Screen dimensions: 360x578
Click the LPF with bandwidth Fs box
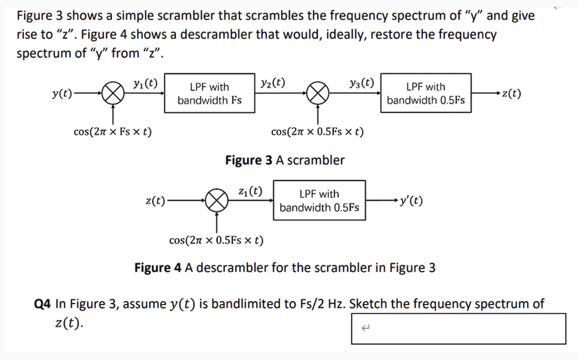pyautogui.click(x=210, y=93)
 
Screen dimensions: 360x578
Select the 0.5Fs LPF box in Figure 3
pyautogui.click(x=426, y=93)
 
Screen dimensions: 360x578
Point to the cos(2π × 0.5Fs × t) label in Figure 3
pyautogui.click(x=317, y=132)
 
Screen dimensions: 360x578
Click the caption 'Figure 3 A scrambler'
pyautogui.click(x=284, y=160)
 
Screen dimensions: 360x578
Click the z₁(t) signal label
pyautogui.click(x=250, y=190)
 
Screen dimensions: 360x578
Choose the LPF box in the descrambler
pyautogui.click(x=319, y=200)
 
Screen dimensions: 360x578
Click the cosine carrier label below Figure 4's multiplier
pyautogui.click(x=216, y=240)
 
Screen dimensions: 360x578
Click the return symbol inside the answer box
pyautogui.click(x=367, y=327)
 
